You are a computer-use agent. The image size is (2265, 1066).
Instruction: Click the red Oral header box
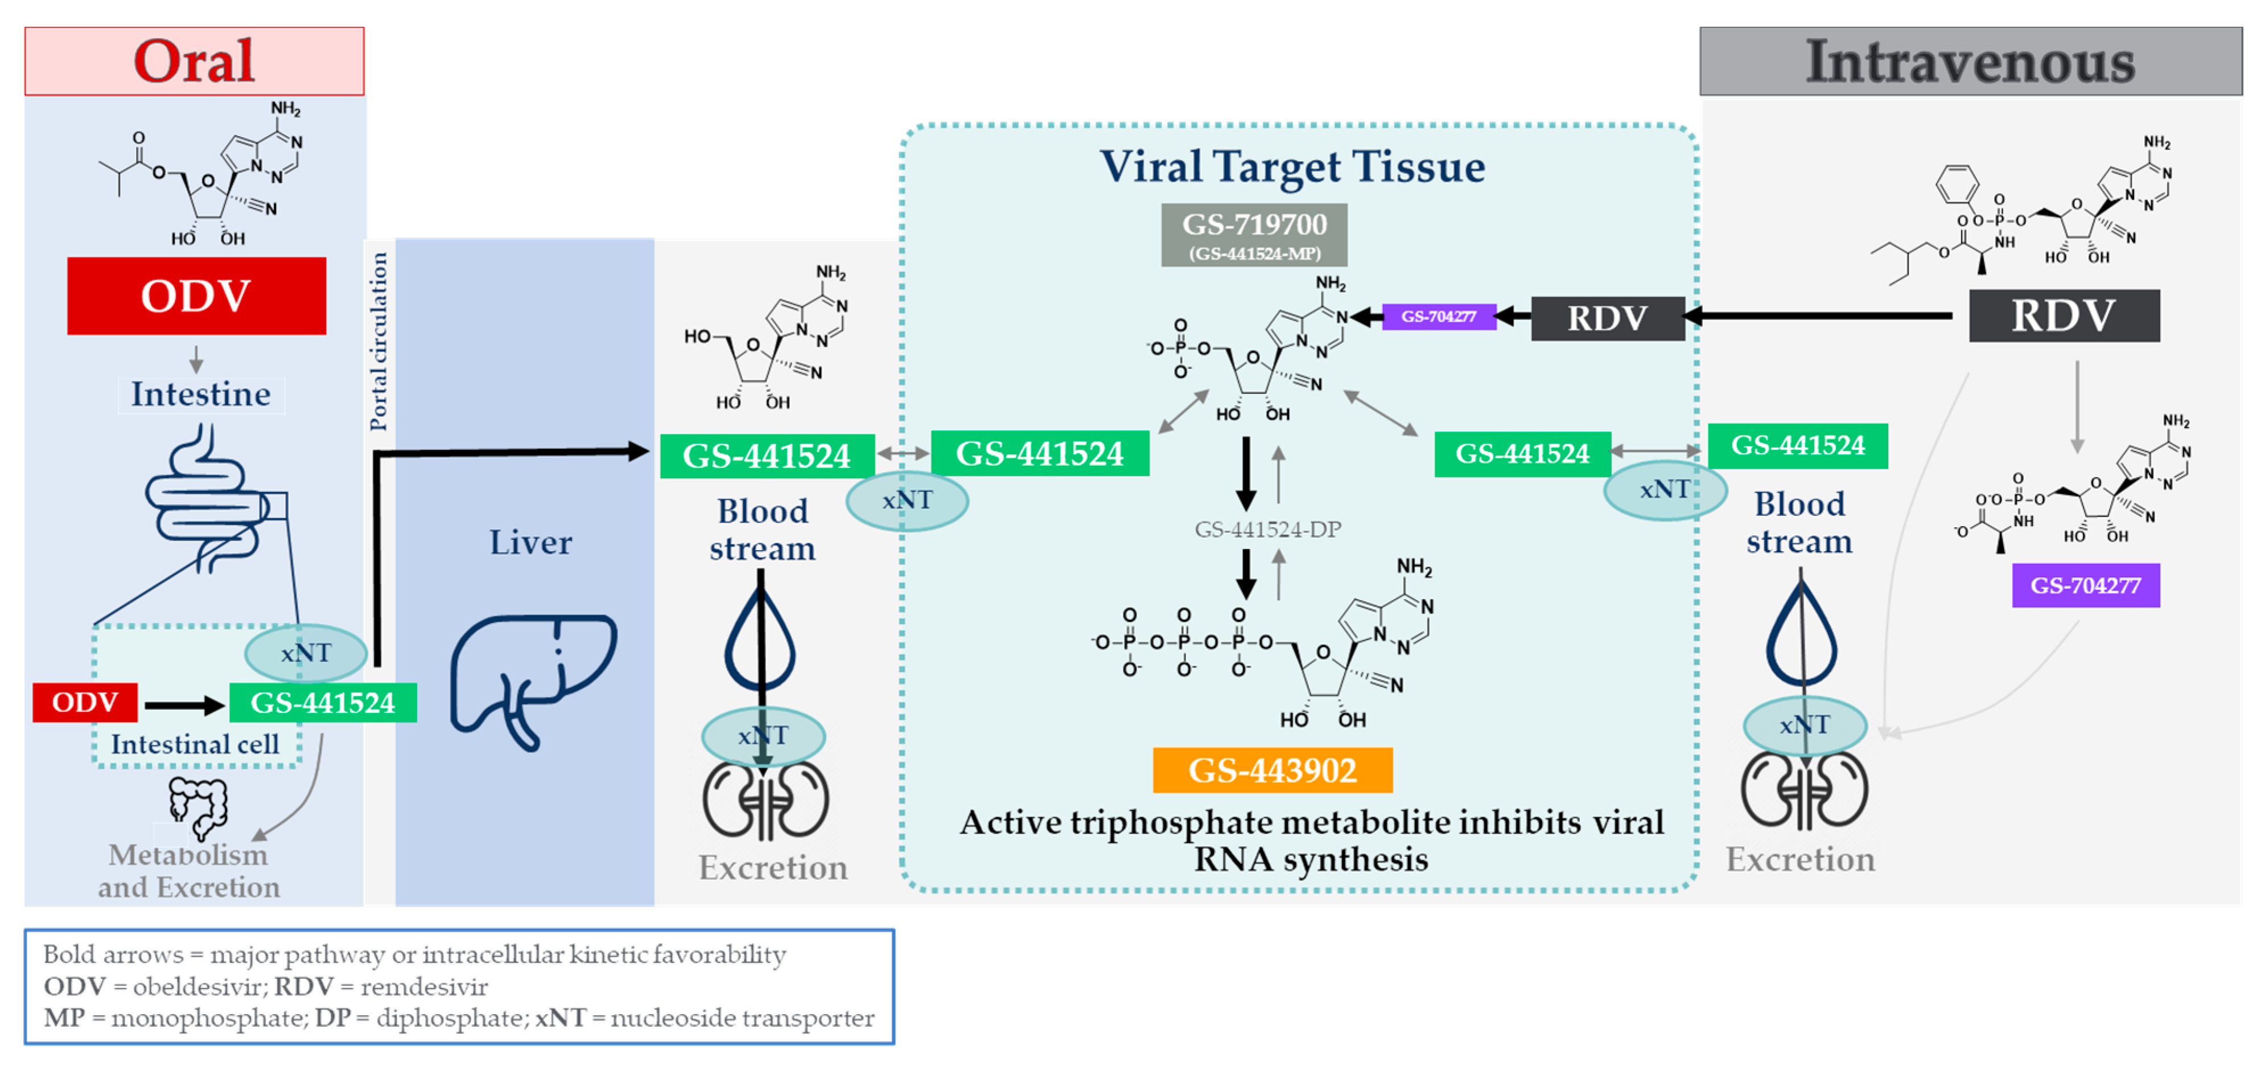pos(194,61)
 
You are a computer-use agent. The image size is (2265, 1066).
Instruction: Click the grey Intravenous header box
pos(1970,61)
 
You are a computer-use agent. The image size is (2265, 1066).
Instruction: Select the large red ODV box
pos(196,296)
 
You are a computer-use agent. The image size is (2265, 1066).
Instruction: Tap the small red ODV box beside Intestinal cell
pos(85,702)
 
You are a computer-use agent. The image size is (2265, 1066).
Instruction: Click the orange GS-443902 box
pos(1272,769)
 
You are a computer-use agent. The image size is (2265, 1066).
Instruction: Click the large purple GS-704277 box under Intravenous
pos(2086,585)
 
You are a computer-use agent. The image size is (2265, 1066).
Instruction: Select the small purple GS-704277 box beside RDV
pos(1439,315)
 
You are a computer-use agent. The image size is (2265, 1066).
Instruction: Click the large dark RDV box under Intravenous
pos(2064,315)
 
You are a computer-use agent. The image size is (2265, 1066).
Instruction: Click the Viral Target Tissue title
pos(1292,166)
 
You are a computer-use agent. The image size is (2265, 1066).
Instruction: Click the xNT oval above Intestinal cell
pos(305,653)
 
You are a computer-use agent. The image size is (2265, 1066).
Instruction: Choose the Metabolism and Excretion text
pos(188,871)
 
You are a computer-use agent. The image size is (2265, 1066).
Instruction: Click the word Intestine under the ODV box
pos(200,394)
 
